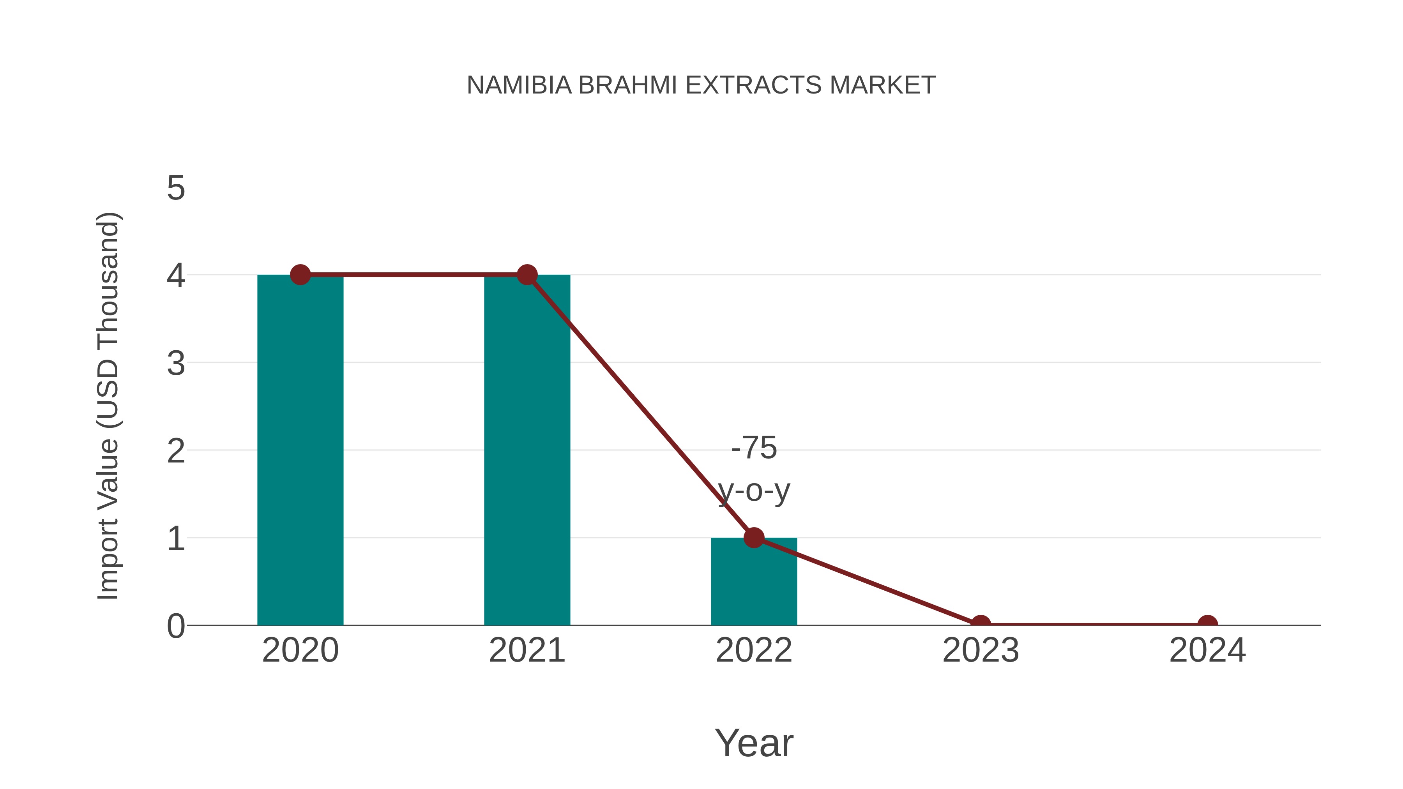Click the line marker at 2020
[x=300, y=275]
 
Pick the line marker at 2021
[x=527, y=275]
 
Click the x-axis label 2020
[x=300, y=650]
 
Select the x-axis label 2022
[x=754, y=650]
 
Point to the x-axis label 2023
[x=981, y=650]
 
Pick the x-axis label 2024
[x=1207, y=650]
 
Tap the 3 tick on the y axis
[x=176, y=363]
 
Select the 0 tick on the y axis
[x=176, y=626]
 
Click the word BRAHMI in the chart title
[x=627, y=85]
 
